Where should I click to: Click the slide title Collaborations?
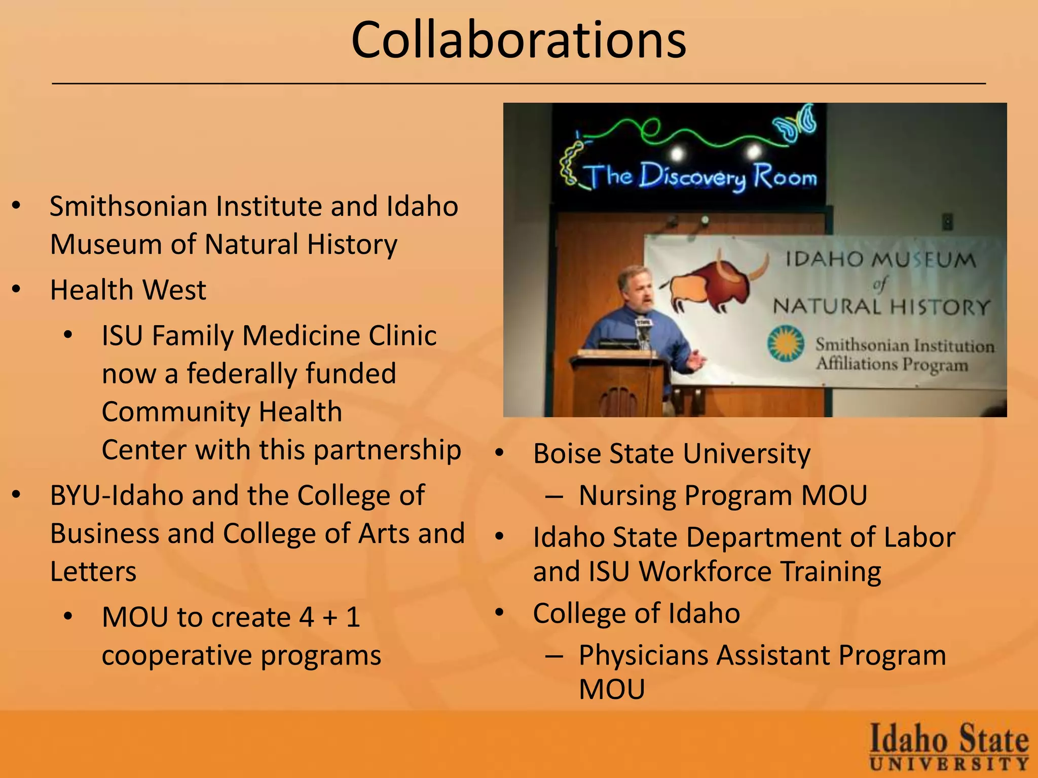pos(518,41)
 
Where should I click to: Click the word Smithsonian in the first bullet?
pos(129,207)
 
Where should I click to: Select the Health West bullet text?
pos(128,290)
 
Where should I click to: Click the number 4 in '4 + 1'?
pos(306,617)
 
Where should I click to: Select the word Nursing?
pos(627,495)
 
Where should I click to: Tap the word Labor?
pos(919,537)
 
